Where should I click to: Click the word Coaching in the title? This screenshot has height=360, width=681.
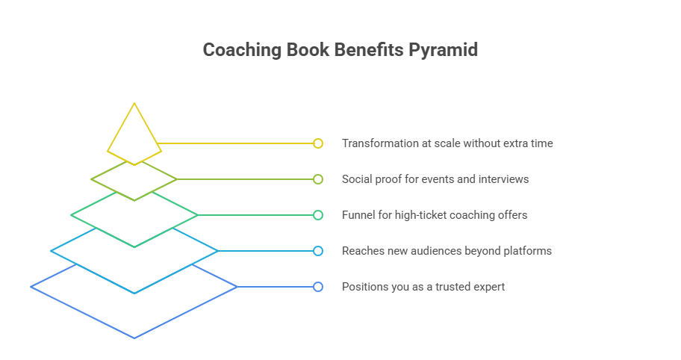[x=239, y=50]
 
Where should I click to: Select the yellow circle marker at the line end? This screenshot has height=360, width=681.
[x=318, y=143]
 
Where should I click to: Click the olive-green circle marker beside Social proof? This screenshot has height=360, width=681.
[x=318, y=179]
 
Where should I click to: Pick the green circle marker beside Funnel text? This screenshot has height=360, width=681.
[x=318, y=215]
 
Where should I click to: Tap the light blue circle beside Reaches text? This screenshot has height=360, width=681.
[x=318, y=251]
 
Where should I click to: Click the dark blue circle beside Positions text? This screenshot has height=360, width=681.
[x=318, y=287]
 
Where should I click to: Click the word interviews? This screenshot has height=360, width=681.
[x=503, y=179]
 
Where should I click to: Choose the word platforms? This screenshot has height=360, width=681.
[x=528, y=251]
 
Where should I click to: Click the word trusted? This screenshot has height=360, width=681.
[x=448, y=287]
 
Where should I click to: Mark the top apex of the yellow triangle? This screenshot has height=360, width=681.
[x=134, y=103]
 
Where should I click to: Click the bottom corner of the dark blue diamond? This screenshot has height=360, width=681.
[x=134, y=338]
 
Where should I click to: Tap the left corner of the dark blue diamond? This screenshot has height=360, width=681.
[x=31, y=287]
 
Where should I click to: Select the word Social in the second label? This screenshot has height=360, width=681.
[x=358, y=179]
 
